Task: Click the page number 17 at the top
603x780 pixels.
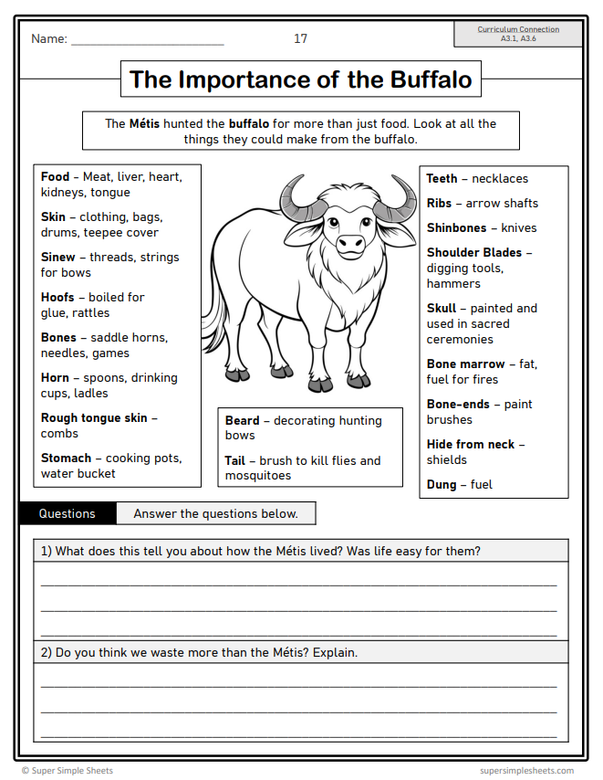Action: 300,38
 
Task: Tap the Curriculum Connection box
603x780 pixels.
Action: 518,35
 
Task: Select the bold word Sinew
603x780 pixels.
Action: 59,258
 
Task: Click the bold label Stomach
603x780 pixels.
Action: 66,459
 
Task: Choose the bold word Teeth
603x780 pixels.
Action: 442,179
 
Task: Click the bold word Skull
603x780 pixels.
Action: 442,309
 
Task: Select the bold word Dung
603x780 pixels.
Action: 442,485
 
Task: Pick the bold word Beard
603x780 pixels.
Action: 242,421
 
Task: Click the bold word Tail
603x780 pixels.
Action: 234,461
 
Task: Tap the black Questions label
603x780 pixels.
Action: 68,513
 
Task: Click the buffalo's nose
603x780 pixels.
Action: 351,244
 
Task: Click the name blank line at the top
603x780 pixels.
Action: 147,41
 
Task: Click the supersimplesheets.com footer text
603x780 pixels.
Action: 526,771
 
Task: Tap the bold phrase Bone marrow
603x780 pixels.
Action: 465,364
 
